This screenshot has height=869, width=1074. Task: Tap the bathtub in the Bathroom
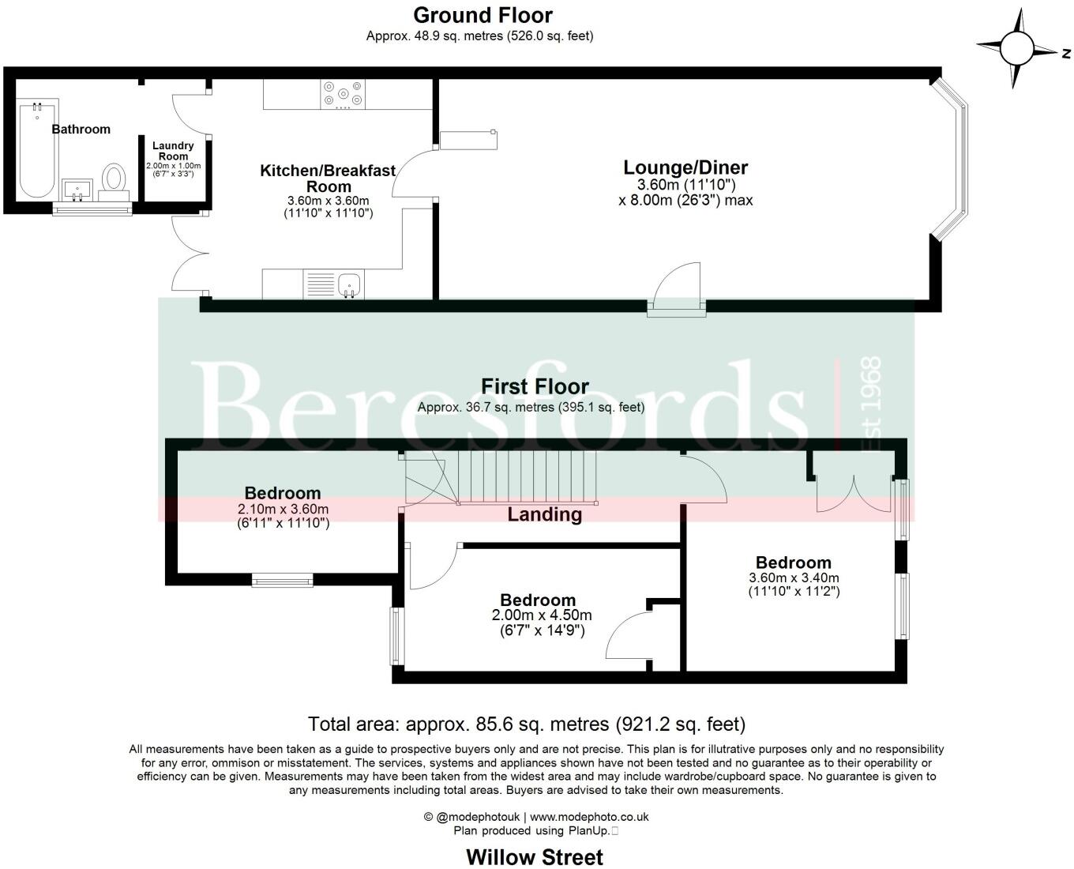pos(36,149)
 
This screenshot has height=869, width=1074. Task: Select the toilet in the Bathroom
pos(114,181)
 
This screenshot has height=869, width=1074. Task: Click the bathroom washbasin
pos(77,190)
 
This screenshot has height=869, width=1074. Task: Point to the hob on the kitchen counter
pos(343,94)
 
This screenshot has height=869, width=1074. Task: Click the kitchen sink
pos(348,283)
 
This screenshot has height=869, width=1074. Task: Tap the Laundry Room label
pos(173,150)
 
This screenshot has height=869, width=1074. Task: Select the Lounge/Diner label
pos(685,167)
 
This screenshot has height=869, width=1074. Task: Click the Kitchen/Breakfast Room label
pos(328,179)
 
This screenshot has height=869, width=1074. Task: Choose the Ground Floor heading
pos(483,15)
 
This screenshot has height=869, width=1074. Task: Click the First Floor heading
pos(535,386)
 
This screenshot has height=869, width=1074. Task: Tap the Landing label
pos(544,515)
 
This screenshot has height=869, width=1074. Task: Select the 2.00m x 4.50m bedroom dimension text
pos(542,615)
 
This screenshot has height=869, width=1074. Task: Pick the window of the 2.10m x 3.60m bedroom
pos(282,581)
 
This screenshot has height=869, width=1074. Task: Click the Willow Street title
pos(535,857)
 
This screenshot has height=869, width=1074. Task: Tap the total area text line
pos(526,724)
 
